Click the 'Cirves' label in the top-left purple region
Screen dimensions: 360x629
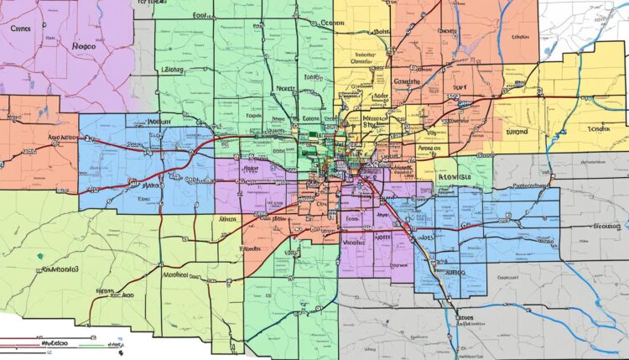click(22, 28)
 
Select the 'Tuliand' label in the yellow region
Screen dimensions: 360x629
click(518, 132)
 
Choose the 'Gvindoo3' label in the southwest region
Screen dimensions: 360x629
click(60, 271)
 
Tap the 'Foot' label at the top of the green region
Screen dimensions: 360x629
click(202, 15)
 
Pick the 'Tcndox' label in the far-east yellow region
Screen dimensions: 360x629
click(599, 129)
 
